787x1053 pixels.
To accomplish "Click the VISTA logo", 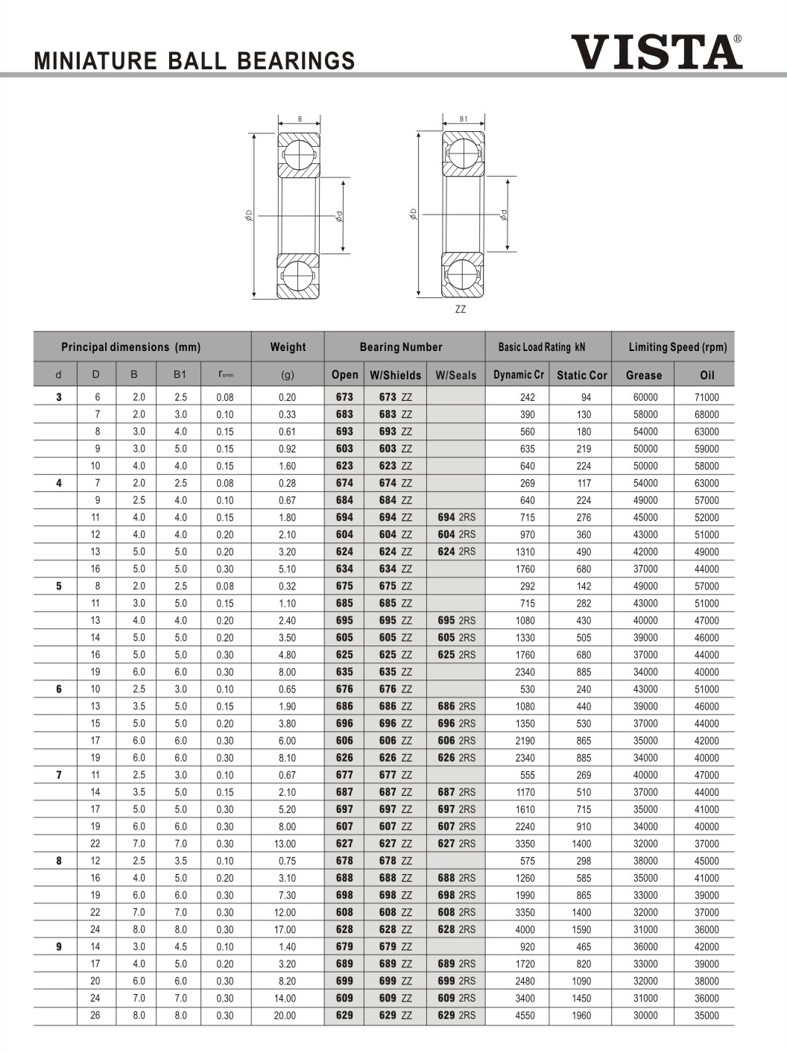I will (656, 51).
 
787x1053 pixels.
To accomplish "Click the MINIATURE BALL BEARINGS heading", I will (195, 60).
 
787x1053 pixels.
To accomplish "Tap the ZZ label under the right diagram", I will (461, 309).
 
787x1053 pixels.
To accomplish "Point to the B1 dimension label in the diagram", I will (464, 119).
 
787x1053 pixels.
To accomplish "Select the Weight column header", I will (288, 347).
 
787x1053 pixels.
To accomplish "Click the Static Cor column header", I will (581, 375).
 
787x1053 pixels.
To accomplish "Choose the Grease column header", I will (643, 375).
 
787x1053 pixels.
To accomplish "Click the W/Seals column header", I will (455, 375).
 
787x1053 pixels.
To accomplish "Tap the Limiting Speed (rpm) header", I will (677, 347).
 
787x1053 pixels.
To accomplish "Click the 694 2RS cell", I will (456, 517).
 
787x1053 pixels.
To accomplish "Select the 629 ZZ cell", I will (395, 1015).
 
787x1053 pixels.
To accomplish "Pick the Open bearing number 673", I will (344, 397).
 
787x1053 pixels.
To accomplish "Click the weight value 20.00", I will (285, 1015).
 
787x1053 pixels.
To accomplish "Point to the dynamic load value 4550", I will (525, 1015).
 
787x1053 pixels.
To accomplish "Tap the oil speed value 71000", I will (707, 397).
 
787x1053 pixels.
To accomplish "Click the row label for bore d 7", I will (59, 775).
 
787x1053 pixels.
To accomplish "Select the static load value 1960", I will (581, 1015).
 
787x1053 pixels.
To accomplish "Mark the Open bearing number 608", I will (344, 912).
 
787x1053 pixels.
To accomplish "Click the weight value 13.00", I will (285, 844).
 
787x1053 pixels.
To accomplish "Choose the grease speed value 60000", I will (645, 397).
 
